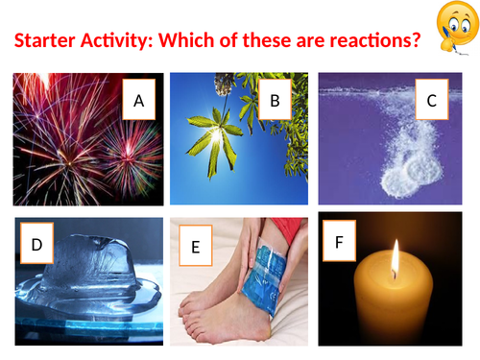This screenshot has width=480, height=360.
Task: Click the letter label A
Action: pyautogui.click(x=138, y=99)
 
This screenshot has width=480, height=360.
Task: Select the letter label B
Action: pyautogui.click(x=275, y=99)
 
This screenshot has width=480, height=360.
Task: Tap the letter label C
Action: pyautogui.click(x=432, y=99)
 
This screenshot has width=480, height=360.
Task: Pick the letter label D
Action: pyautogui.click(x=36, y=245)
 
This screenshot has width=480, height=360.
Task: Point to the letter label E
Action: pyautogui.click(x=195, y=247)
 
